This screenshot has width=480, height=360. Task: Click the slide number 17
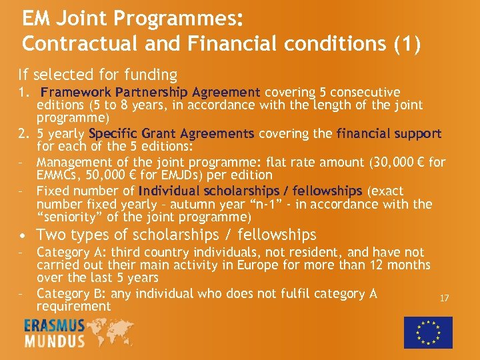(444, 298)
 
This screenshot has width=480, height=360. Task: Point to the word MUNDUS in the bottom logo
(55, 341)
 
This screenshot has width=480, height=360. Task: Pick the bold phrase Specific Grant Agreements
(171, 133)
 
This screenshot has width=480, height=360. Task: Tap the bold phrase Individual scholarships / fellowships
(250, 191)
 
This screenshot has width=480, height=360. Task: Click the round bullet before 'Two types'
(23, 235)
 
